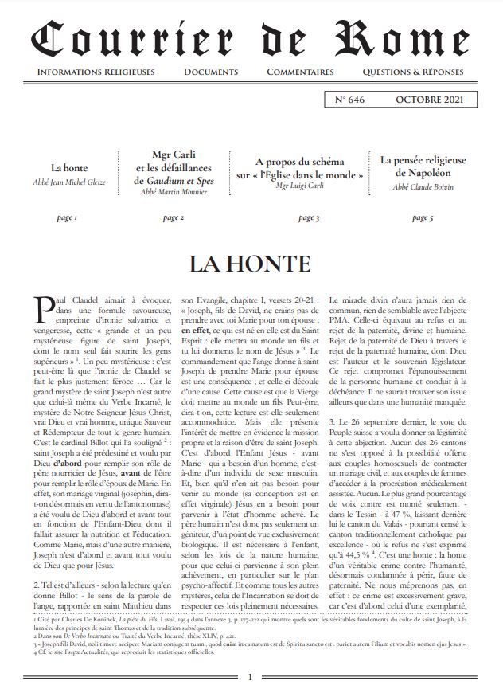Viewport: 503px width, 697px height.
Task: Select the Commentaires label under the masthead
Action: coord(300,72)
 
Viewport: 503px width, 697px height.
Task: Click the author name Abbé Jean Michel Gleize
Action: coord(68,182)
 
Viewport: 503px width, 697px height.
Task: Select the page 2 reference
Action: coord(174,217)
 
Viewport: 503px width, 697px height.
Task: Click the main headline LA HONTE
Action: coord(251,264)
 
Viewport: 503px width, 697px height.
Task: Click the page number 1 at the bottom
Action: coord(250,677)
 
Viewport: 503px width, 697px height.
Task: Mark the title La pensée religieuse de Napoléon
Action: coord(422,166)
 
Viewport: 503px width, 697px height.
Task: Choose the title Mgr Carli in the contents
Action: coord(174,155)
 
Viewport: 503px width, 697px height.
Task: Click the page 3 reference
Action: coord(308,217)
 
